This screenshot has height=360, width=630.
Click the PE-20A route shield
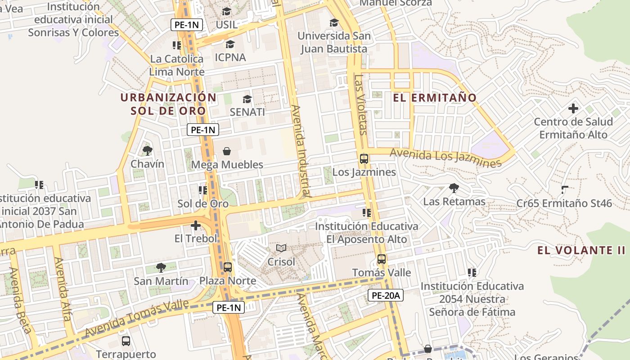tap(386, 295)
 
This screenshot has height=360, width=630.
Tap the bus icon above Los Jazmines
tap(364, 159)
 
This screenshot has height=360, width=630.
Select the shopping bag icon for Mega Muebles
tap(227, 151)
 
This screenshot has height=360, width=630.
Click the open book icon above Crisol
tap(281, 248)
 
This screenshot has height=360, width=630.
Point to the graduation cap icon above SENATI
tap(247, 99)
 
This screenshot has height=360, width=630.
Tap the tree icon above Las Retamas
tap(454, 188)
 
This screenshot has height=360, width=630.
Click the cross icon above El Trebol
tap(196, 225)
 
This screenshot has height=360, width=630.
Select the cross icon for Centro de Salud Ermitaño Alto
tap(573, 108)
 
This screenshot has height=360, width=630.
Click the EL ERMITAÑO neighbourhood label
tap(434, 98)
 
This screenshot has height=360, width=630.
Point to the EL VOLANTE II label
tap(581, 251)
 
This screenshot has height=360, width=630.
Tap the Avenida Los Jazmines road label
tap(445, 158)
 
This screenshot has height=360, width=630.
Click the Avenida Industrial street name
tap(301, 151)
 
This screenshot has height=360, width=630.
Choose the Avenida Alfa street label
tap(63, 288)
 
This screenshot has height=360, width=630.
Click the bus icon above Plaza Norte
tap(228, 267)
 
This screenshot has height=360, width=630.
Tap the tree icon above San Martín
tap(161, 268)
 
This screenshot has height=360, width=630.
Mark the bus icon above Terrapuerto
tap(126, 341)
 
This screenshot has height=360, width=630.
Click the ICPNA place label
tap(230, 57)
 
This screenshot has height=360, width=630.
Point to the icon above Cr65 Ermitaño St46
tap(564, 190)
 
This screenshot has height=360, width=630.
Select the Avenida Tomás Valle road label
tap(137, 319)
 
